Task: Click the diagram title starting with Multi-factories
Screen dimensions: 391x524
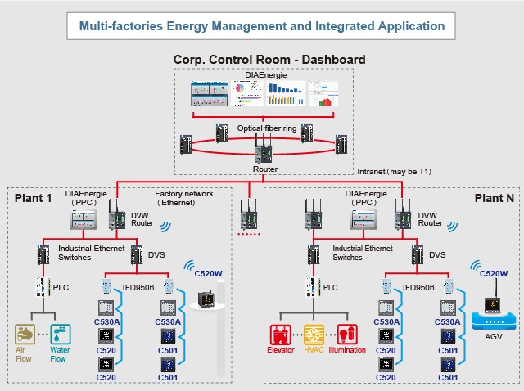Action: point(262,26)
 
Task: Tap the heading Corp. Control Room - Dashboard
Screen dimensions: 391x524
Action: point(269,60)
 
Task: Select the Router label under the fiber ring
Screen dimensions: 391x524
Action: point(263,169)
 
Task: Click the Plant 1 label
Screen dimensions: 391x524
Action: point(33,198)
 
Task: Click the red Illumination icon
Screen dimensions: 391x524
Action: point(348,335)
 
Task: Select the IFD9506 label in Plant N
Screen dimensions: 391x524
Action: point(419,288)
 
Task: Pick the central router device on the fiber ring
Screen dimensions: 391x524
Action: point(264,153)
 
